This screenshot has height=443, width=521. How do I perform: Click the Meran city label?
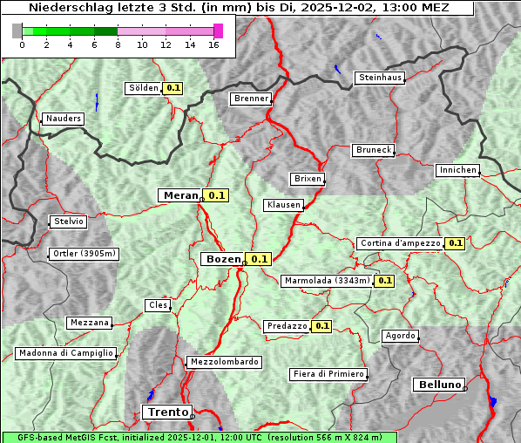coord(181,195)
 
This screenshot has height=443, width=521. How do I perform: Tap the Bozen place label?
coord(222,259)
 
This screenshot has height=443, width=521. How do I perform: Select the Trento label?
coord(166,412)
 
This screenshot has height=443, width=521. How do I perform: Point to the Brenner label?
coord(252,99)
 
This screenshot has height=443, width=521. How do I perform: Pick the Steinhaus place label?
coord(381,78)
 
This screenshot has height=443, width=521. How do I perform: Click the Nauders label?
coord(63,119)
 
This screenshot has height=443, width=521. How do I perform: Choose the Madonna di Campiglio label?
coord(65,353)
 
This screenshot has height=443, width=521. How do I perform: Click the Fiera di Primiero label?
coord(328,374)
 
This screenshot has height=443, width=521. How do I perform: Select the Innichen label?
coord(457,170)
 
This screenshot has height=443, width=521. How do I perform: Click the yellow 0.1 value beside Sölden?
coord(173,88)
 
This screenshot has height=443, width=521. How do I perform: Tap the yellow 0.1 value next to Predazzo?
coord(322,326)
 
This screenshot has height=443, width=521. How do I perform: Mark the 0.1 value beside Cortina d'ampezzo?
coord(455,243)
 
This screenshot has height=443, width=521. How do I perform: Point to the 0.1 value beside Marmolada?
coord(385,281)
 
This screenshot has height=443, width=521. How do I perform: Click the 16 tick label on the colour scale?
coord(213,45)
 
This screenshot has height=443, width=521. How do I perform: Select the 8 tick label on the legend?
coord(118,45)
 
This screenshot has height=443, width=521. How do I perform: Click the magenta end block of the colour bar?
coord(218,31)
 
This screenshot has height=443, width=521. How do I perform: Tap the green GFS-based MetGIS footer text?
coord(199,437)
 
